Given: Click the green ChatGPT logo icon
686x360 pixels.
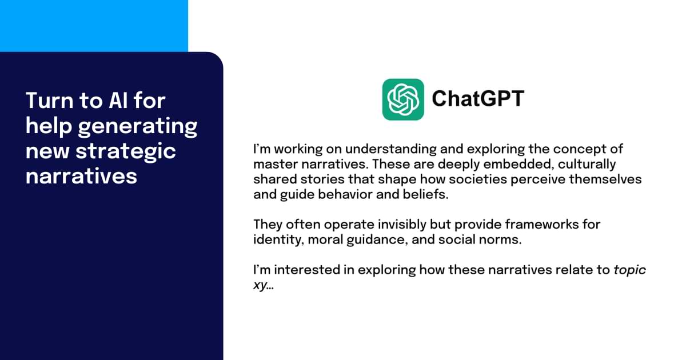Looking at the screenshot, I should click(x=403, y=99).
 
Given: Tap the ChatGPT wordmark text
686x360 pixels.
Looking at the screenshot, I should click(x=477, y=99).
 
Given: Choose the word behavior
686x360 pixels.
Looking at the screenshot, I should click(x=342, y=194).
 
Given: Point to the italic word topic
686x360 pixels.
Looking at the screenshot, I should click(x=629, y=270).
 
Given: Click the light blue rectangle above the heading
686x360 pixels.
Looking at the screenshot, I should click(x=94, y=26).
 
